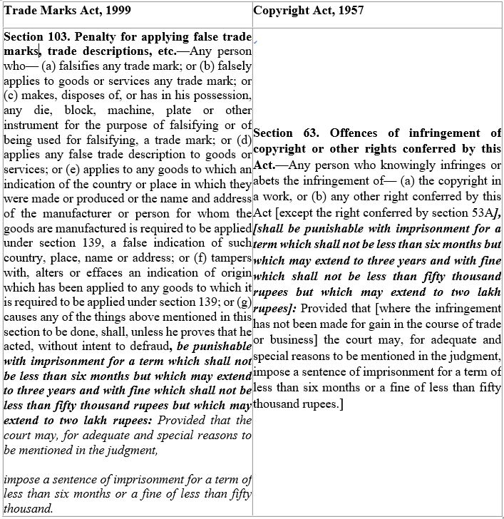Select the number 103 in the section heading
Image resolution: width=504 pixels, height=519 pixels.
59,36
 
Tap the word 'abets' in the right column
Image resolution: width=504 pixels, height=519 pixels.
266,180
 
